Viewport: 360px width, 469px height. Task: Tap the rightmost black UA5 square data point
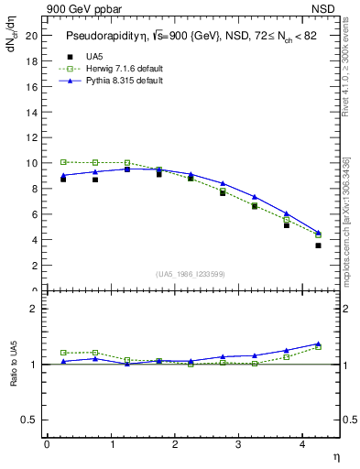tap(318, 245)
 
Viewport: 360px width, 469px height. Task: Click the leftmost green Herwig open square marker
tap(63, 162)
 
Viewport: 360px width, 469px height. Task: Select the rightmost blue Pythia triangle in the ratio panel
tap(318, 344)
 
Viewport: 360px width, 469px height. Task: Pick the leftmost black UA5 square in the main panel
tap(63, 179)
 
